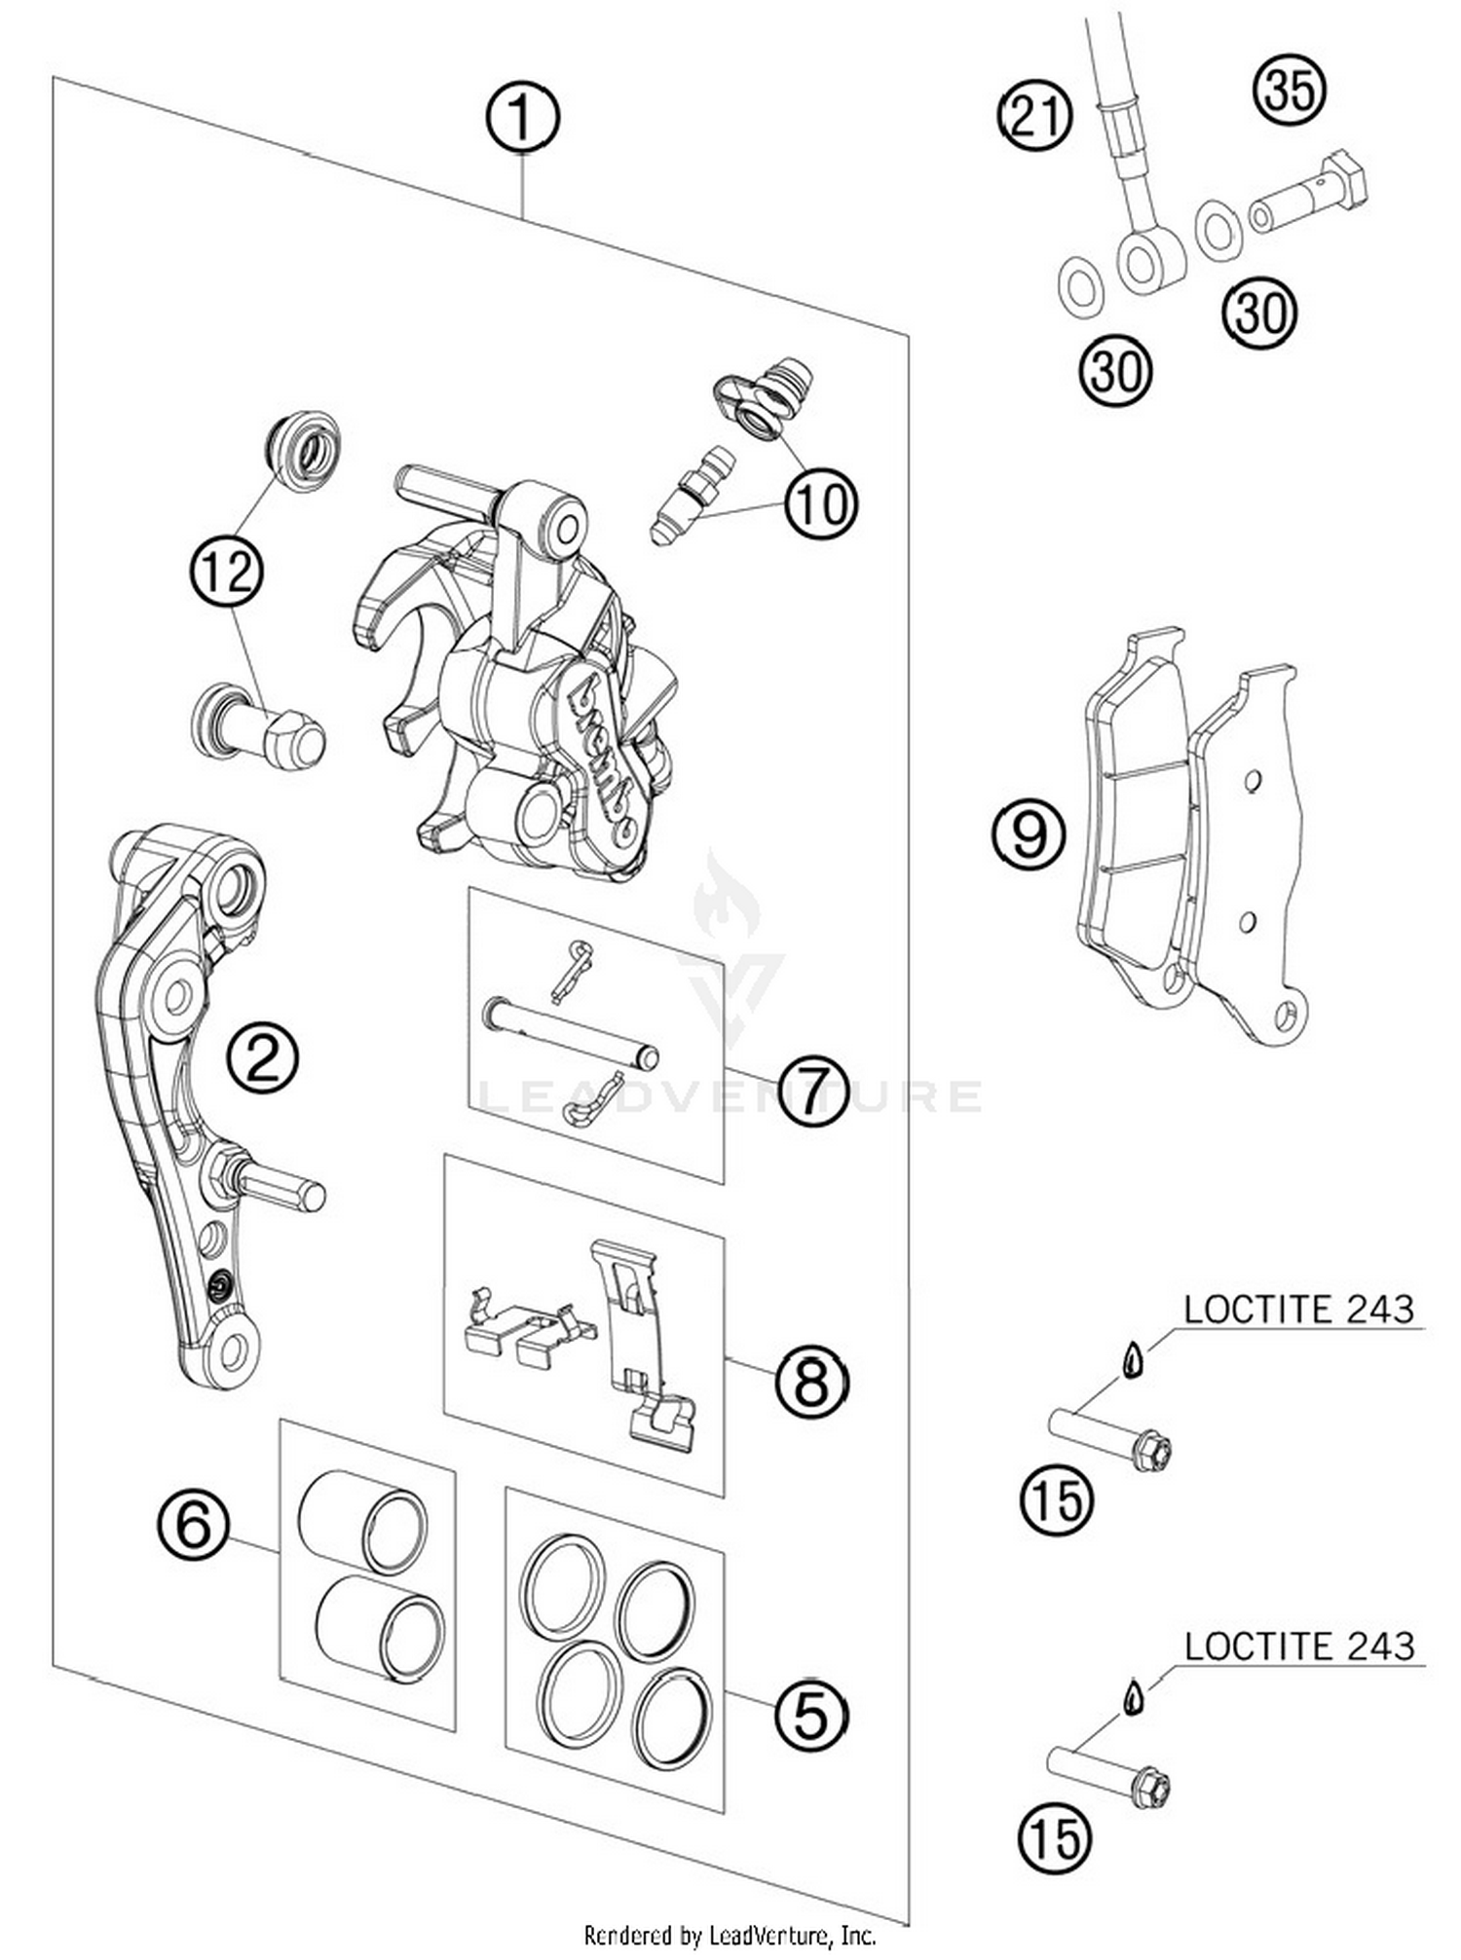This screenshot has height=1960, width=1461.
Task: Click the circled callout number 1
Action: (x=522, y=118)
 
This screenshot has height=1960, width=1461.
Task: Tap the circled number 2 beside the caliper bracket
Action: (x=263, y=1058)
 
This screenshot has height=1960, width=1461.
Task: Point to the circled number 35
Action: (x=1290, y=90)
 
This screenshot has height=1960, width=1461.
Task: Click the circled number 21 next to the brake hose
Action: (x=1034, y=116)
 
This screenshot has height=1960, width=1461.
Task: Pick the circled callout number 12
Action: (x=228, y=572)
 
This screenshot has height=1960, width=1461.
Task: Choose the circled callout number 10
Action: (x=821, y=504)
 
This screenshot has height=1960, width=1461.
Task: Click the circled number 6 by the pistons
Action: (x=194, y=1524)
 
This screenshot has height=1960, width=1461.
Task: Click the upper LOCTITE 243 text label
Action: (x=1298, y=1310)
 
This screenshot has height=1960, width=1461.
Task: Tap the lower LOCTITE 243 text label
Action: (x=1298, y=1646)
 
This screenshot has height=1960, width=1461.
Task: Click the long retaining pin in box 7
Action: (x=571, y=1033)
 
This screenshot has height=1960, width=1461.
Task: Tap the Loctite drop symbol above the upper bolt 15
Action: (x=1131, y=1360)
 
